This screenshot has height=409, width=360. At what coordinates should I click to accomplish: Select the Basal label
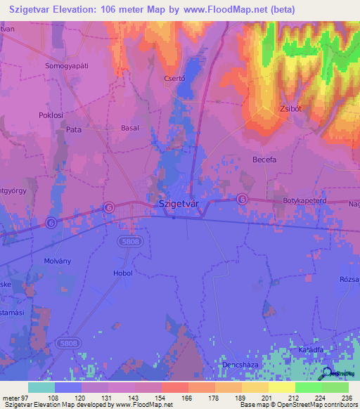(130, 129)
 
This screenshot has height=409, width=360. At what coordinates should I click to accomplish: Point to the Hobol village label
(122, 273)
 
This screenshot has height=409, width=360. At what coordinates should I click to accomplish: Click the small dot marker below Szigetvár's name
(174, 216)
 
